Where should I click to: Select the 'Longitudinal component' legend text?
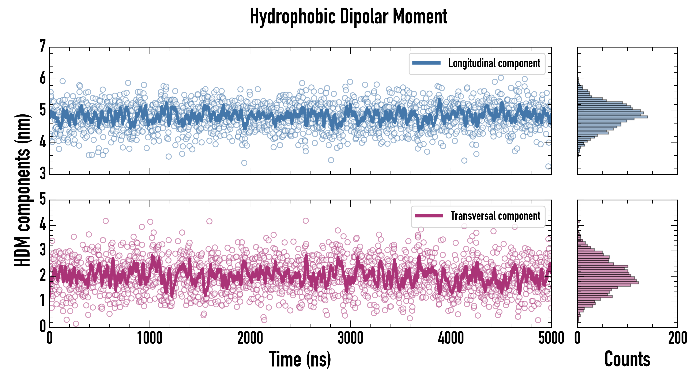[494, 63]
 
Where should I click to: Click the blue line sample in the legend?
[426, 63]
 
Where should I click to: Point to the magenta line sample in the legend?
[429, 216]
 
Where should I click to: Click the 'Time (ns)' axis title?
[300, 359]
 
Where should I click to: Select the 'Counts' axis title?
[627, 359]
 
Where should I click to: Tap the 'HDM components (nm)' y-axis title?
[22, 190]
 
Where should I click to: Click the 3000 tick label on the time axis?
[350, 338]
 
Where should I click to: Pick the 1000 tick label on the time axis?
[150, 338]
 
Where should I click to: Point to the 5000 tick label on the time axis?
[551, 338]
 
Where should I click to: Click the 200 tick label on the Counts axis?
[678, 338]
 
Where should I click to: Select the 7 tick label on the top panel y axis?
[42, 46]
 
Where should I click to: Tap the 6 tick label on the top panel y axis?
[42, 79]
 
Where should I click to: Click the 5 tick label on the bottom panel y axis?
[42, 199]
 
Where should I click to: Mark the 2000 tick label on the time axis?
[250, 338]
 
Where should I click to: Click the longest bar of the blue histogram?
[612, 117]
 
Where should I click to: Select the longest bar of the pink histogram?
[608, 283]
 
